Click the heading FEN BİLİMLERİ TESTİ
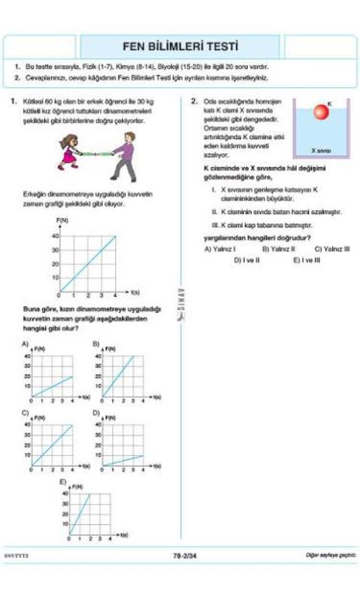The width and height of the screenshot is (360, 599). click(x=180, y=47)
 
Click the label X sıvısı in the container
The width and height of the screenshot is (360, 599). click(x=320, y=150)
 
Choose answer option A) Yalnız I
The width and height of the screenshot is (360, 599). click(x=220, y=249)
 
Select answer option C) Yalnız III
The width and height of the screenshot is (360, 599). click(x=332, y=249)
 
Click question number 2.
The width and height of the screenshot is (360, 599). click(x=193, y=101)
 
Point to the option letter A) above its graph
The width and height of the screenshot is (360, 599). click(x=25, y=344)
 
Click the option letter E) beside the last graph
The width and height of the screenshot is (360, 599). click(x=63, y=482)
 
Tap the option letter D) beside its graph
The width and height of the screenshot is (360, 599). click(x=96, y=413)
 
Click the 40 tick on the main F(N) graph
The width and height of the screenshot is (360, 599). click(x=55, y=236)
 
